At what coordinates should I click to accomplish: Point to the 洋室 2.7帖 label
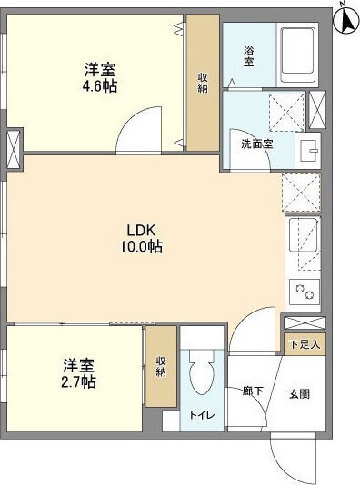click(x=79, y=372)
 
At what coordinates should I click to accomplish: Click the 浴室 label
click(x=249, y=56)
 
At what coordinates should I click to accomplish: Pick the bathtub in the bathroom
click(x=301, y=55)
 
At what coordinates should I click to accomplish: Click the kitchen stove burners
click(x=302, y=293)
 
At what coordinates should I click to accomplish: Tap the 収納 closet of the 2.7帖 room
click(x=161, y=365)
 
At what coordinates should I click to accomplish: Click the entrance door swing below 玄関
click(x=291, y=450)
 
